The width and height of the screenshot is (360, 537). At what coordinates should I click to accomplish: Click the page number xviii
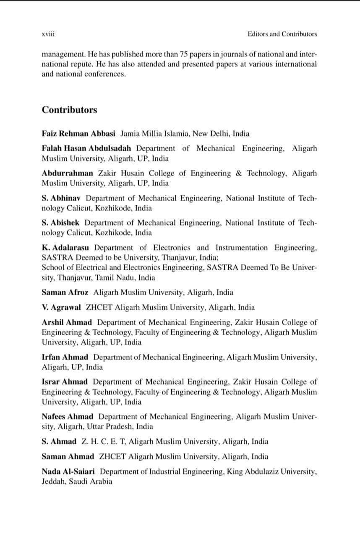pos(48,34)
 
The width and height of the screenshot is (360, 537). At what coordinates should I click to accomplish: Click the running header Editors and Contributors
pos(282,34)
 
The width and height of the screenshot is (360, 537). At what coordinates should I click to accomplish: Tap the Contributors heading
pos(69,110)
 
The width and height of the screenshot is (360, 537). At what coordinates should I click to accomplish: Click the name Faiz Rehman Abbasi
pos(78,134)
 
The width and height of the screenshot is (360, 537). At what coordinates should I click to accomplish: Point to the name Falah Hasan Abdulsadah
pos(86,149)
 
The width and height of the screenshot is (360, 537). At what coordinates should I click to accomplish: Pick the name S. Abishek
pos(61,223)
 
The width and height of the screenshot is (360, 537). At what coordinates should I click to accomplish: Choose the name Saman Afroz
pos(65,292)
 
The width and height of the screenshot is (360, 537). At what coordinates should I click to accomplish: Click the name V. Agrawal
pos(61,307)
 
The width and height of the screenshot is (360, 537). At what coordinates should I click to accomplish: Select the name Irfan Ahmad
pos(65,357)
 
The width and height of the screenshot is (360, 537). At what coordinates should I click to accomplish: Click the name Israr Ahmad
pos(65,382)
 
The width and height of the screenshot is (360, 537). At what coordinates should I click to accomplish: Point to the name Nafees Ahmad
pos(68,417)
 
